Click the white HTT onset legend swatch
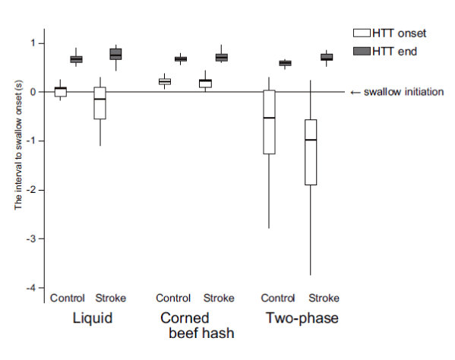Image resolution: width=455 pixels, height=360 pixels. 362,33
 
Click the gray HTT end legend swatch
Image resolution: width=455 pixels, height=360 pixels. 362,51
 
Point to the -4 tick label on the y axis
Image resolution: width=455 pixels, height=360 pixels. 31,288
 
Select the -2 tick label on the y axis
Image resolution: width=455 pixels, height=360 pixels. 31,190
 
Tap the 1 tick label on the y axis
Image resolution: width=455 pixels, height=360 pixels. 33,43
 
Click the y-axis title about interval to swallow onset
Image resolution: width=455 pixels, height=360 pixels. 18,145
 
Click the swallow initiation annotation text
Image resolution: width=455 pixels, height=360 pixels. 403,92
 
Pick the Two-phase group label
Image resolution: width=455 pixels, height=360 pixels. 302,318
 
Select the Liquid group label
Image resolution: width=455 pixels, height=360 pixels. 92,318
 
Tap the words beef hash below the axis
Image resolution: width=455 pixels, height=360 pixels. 201,333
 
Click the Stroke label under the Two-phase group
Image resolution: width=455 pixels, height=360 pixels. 324,298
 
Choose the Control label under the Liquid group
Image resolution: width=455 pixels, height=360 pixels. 68,298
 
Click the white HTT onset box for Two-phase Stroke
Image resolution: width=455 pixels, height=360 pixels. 311,152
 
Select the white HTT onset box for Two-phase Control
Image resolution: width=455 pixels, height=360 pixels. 269,122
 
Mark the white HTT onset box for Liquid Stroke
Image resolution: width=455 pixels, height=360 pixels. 100,103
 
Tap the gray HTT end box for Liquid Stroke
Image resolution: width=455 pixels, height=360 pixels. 115,54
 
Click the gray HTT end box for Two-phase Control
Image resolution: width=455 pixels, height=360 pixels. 285,63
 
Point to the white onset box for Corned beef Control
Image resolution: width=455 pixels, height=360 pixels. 165,81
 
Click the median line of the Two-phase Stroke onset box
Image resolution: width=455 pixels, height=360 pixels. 311,140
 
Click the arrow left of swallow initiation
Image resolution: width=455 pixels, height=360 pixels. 355,93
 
